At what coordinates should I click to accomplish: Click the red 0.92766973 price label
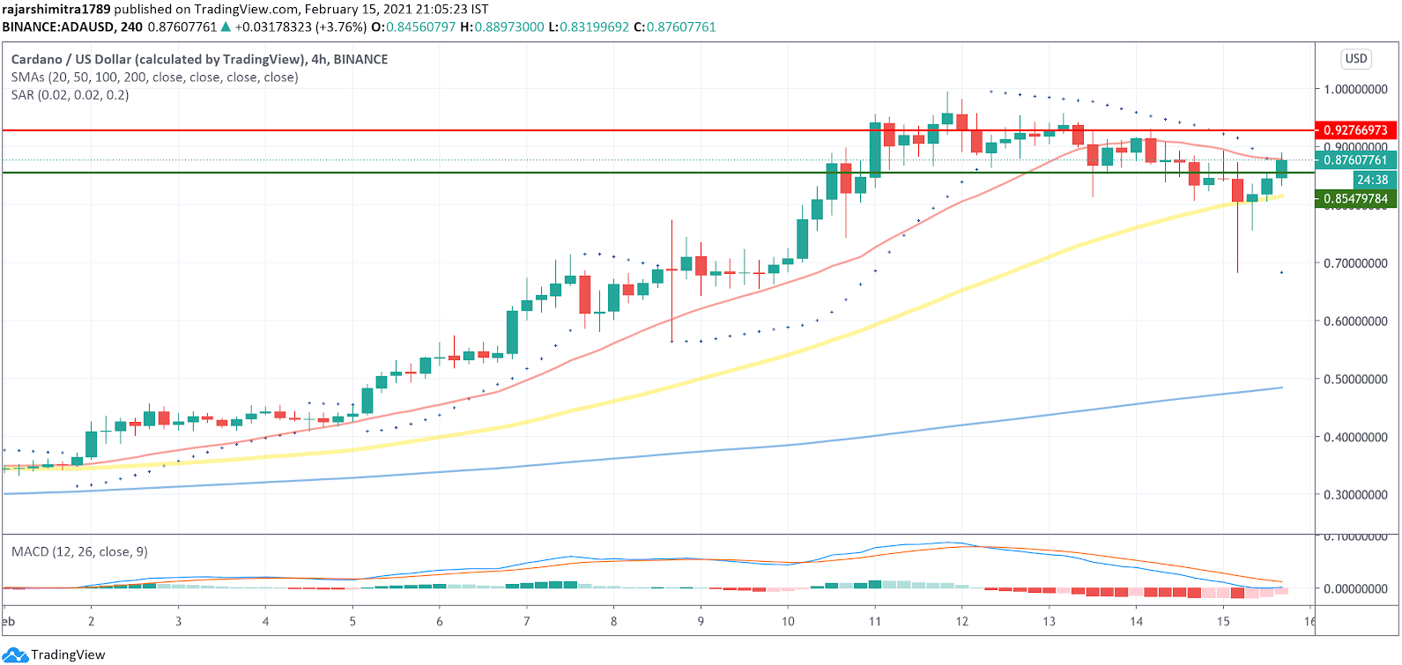1355,130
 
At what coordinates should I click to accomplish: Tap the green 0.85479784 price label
1355,199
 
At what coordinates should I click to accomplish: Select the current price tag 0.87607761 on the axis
1355,160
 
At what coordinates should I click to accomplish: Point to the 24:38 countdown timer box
1372,180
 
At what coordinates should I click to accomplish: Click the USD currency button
1356,59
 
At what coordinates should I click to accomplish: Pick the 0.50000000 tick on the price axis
1355,380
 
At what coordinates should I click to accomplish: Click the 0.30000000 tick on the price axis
1355,495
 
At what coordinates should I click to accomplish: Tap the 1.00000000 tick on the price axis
1355,90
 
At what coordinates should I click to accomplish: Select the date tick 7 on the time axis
527,621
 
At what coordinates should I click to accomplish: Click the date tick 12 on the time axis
961,621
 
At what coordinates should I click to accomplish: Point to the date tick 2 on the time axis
91,621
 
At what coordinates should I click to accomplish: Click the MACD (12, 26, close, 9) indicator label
79,551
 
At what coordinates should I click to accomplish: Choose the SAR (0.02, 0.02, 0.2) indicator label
70,95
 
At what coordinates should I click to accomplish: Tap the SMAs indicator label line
154,78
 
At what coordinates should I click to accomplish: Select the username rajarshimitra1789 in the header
56,9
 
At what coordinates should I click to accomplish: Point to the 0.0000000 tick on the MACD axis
1355,588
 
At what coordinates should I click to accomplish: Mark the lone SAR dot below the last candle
1281,273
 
